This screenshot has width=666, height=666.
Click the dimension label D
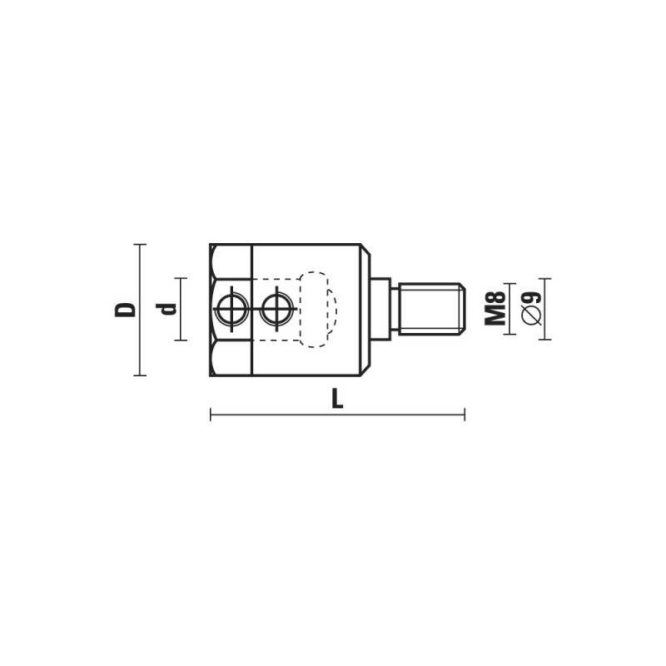pyautogui.click(x=126, y=310)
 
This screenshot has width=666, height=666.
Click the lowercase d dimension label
pyautogui.click(x=166, y=309)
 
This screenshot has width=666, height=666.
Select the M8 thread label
pyautogui.click(x=495, y=309)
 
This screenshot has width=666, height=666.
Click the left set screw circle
pyautogui.click(x=231, y=309)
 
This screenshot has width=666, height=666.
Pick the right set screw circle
pyautogui.click(x=277, y=309)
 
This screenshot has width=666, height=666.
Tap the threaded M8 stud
pyautogui.click(x=431, y=309)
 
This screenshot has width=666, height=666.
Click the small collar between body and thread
pyautogui.click(x=380, y=309)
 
